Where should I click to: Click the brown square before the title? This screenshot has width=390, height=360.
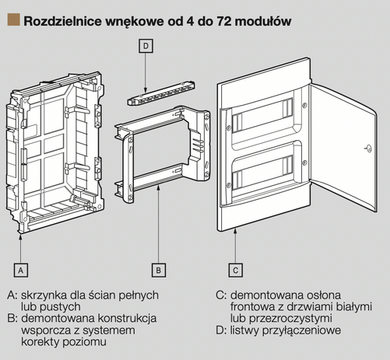12,19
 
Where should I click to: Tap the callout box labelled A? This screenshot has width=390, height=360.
22,270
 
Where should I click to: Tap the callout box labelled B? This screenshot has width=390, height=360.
158,270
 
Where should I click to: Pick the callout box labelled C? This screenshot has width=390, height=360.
235,270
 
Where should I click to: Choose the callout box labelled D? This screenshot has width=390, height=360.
149,47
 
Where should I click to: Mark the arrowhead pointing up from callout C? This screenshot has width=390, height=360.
235,239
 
